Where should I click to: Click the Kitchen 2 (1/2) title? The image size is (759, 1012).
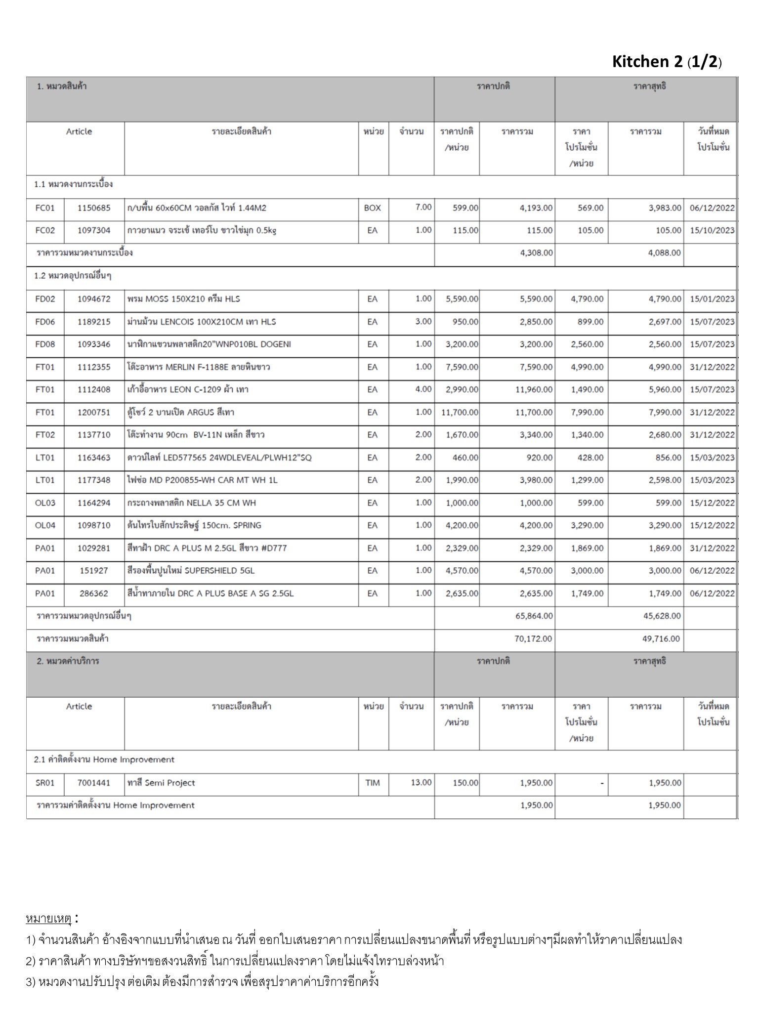(667, 62)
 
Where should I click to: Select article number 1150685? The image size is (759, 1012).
(94, 208)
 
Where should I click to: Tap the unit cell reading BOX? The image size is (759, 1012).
(372, 208)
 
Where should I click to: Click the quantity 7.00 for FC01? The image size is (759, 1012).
(423, 207)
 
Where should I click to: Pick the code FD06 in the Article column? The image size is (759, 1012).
(45, 322)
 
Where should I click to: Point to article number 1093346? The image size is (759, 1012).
(94, 344)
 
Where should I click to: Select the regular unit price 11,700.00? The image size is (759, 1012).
(460, 413)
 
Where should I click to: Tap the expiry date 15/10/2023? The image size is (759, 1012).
(712, 231)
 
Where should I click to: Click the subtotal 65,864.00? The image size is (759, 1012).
(534, 616)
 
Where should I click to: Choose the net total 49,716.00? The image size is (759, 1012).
(661, 639)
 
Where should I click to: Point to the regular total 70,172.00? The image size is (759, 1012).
(533, 639)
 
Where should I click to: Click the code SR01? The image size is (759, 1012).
(45, 783)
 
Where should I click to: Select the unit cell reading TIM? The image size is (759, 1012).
(372, 783)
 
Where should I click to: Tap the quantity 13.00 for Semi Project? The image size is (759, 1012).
(421, 783)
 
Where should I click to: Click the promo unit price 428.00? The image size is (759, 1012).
(590, 458)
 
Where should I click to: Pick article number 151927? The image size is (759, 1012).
(94, 571)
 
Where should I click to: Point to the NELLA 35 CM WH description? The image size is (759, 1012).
(192, 503)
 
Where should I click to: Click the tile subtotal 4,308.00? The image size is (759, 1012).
(536, 253)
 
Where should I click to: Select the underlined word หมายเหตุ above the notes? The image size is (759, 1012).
(49, 919)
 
